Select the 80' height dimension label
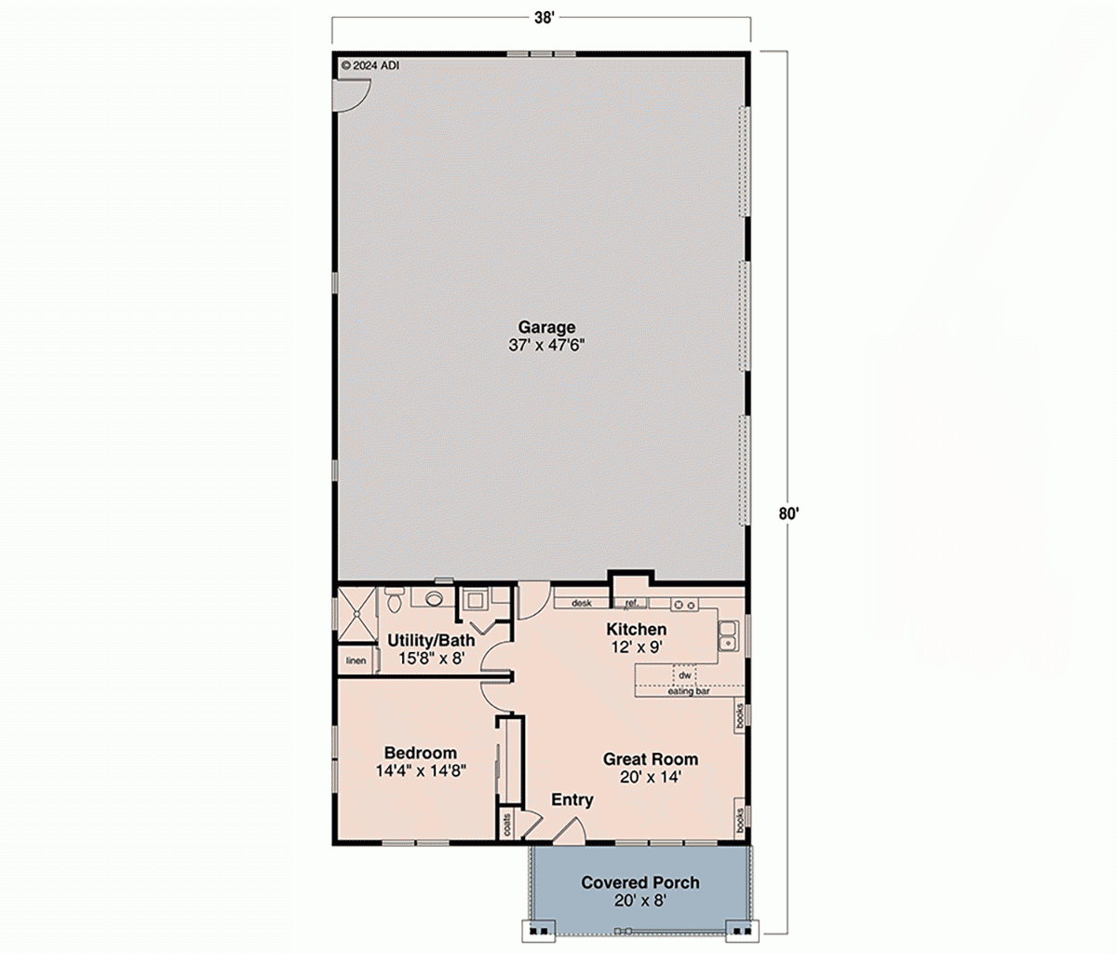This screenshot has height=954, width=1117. pyautogui.click(x=788, y=512)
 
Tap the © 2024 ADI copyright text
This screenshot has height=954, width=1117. pyautogui.click(x=370, y=66)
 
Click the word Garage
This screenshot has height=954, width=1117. pyautogui.click(x=546, y=327)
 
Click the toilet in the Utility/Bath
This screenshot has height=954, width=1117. pyautogui.click(x=393, y=601)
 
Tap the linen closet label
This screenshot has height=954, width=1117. pyautogui.click(x=356, y=661)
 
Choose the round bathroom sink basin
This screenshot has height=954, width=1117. pyautogui.click(x=433, y=599)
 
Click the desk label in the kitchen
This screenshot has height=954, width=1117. pyautogui.click(x=582, y=604)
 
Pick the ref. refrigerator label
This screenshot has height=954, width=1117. pyautogui.click(x=630, y=604)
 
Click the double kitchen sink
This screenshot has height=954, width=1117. pyautogui.click(x=728, y=637)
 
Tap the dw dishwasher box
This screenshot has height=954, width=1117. pyautogui.click(x=685, y=675)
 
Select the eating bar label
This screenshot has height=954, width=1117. pyautogui.click(x=689, y=691)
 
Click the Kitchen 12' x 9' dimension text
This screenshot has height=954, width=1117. pyautogui.click(x=637, y=647)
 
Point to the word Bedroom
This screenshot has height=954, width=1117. pyautogui.click(x=420, y=753)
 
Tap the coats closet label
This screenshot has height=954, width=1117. pyautogui.click(x=507, y=825)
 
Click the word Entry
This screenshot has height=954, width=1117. pyautogui.click(x=572, y=799)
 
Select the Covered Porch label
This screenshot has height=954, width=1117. pyautogui.click(x=639, y=882)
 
